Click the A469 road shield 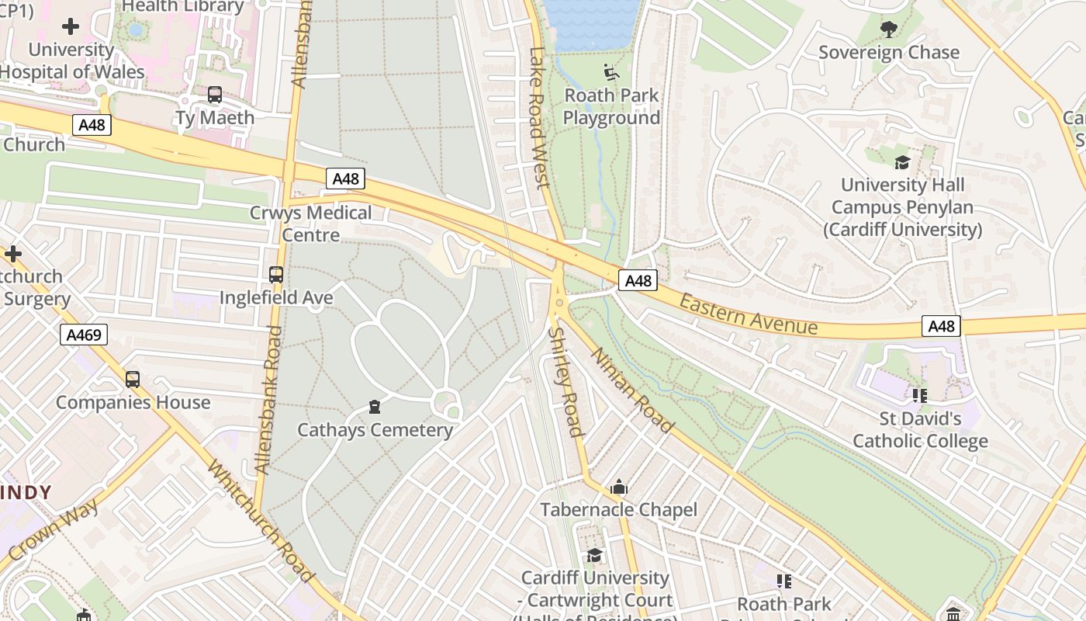[84, 335]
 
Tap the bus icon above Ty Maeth [215, 95]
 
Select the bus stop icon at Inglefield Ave [276, 274]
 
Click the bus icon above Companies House [133, 379]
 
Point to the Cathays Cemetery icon [375, 407]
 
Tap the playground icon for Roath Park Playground [611, 72]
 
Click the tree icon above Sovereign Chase [889, 29]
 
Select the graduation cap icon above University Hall [902, 162]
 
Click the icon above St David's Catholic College [920, 396]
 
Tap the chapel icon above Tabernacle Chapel [619, 487]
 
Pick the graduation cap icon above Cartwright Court [595, 555]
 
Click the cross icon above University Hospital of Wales [71, 26]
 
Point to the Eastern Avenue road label [749, 314]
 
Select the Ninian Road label [632, 389]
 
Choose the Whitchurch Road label [261, 521]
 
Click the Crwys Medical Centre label [310, 224]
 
